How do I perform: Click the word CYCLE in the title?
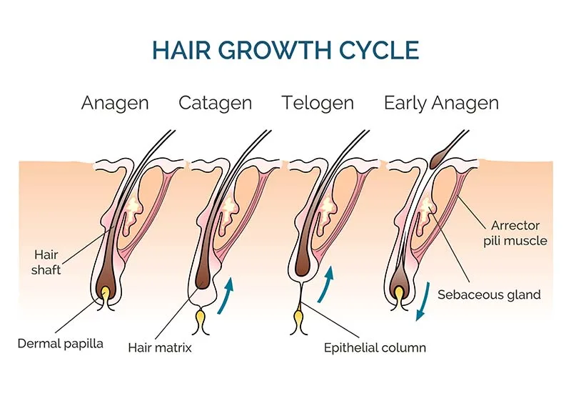pos(379,50)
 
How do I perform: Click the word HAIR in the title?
pos(181,50)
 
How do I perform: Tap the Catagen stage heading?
pos(216,103)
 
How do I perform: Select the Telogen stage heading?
pos(318,103)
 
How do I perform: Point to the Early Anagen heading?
pos(441,103)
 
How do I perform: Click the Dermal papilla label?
pos(61,344)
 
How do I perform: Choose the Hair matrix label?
pos(160,347)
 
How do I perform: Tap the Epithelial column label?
pos(375,347)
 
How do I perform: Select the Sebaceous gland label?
pos(489,294)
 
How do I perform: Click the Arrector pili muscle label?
pos(515,233)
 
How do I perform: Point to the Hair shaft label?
pos(46,262)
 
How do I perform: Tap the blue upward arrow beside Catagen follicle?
pos(226,295)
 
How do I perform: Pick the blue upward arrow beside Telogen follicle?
pos(326,284)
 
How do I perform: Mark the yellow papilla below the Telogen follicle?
pos(298,318)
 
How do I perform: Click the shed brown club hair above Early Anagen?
pos(440,157)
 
